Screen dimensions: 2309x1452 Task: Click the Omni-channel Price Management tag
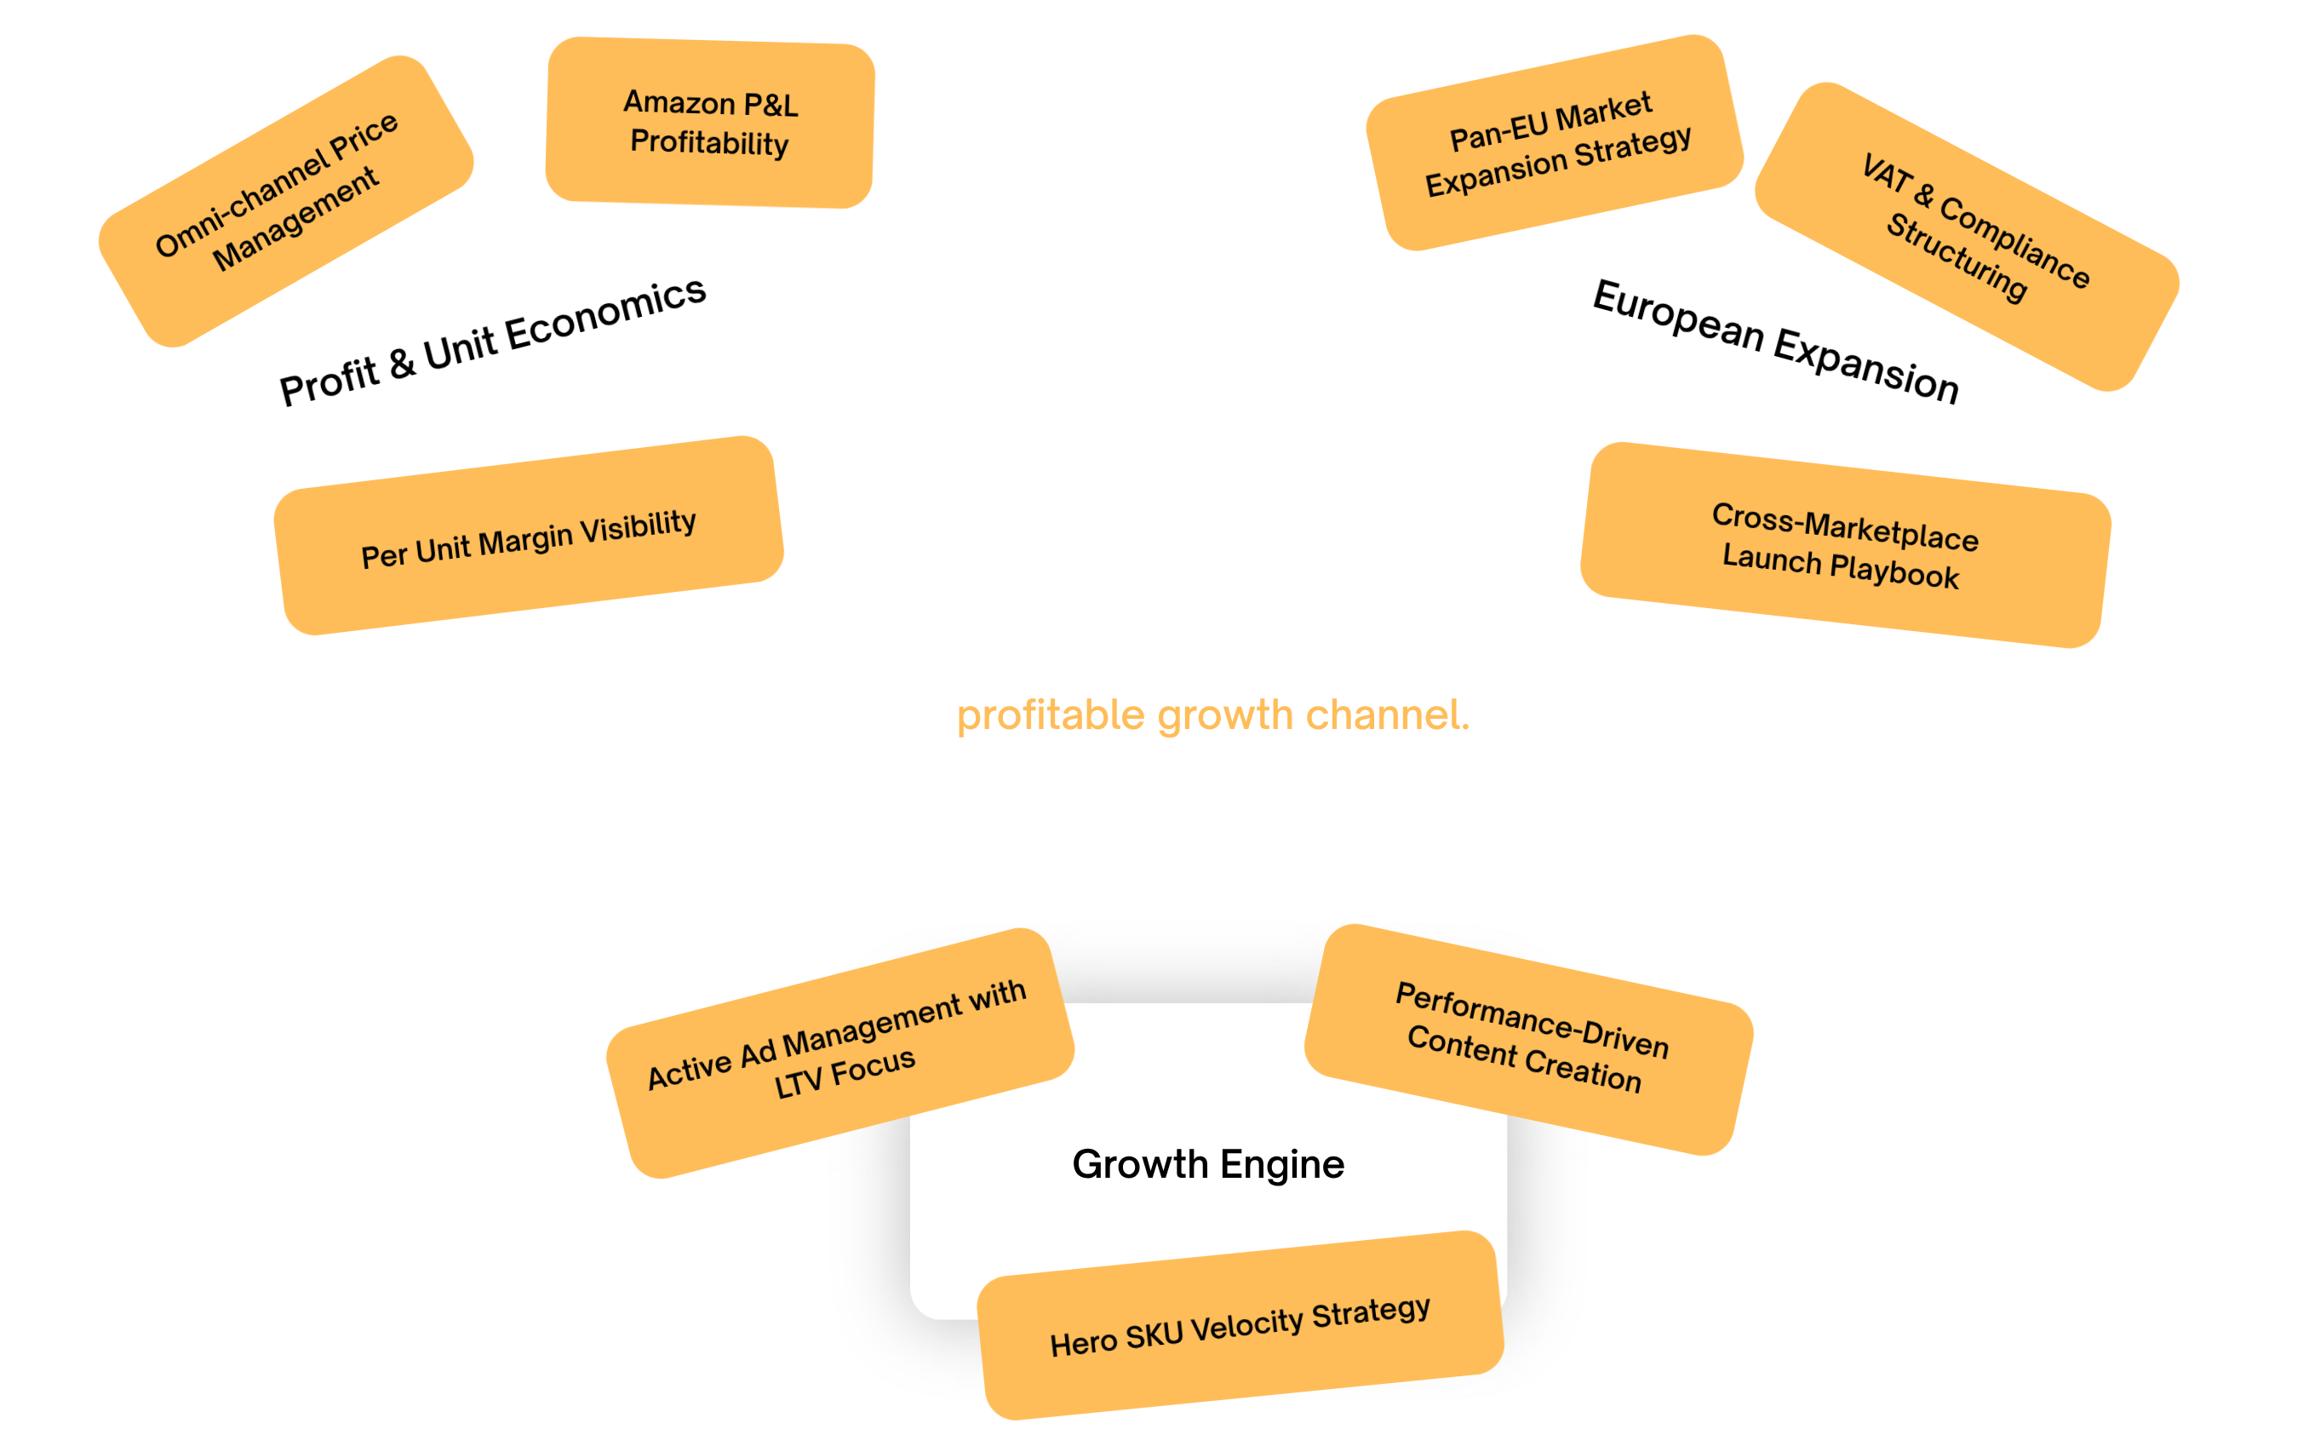coord(286,201)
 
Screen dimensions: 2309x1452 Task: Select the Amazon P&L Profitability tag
coord(709,123)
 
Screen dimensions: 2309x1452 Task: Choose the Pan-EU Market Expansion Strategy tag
coord(1555,143)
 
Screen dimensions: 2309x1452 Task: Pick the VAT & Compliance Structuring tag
coord(1967,237)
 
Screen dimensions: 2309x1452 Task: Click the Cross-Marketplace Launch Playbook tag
coord(1846,545)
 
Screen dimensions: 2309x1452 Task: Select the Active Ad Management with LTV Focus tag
coord(840,1053)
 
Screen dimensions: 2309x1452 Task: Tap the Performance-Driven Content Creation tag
coord(1528,1040)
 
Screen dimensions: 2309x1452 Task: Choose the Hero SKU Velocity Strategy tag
coord(1240,1325)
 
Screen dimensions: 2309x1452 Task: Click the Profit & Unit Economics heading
coord(493,341)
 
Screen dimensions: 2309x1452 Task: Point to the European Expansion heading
coord(1776,341)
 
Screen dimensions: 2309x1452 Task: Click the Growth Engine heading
coord(1208,1164)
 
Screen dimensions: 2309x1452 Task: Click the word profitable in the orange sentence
coord(1051,715)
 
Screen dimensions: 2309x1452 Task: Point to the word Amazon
coord(679,101)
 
